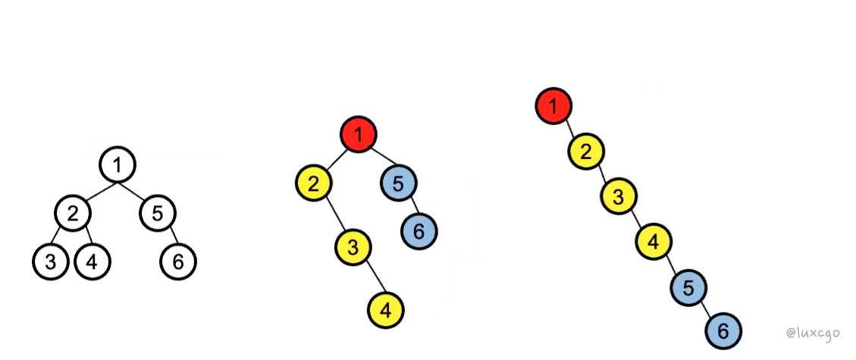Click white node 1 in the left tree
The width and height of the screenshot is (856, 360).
[117, 164]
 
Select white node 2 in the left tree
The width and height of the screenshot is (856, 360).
[73, 213]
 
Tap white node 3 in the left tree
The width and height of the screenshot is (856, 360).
[51, 262]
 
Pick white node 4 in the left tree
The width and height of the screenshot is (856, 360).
[92, 262]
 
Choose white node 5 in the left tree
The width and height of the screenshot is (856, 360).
[158, 213]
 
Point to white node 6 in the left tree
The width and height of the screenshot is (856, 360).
[178, 262]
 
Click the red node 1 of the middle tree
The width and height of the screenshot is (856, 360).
[359, 135]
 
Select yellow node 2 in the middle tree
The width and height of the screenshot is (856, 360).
[315, 183]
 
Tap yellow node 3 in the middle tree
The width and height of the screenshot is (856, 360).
[354, 246]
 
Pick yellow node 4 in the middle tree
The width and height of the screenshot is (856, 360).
[386, 309]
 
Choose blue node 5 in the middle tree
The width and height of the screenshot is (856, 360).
[399, 183]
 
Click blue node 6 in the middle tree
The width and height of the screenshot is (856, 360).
[419, 228]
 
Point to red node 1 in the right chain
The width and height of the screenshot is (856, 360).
[553, 105]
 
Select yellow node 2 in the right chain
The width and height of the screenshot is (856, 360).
[586, 151]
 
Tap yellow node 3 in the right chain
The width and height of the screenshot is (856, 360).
[619, 197]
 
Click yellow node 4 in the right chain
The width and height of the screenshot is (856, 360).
[653, 243]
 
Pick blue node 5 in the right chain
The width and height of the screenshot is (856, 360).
[688, 287]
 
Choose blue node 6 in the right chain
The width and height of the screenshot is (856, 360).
[723, 330]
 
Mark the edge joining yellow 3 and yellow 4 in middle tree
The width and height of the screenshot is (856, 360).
[370, 278]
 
